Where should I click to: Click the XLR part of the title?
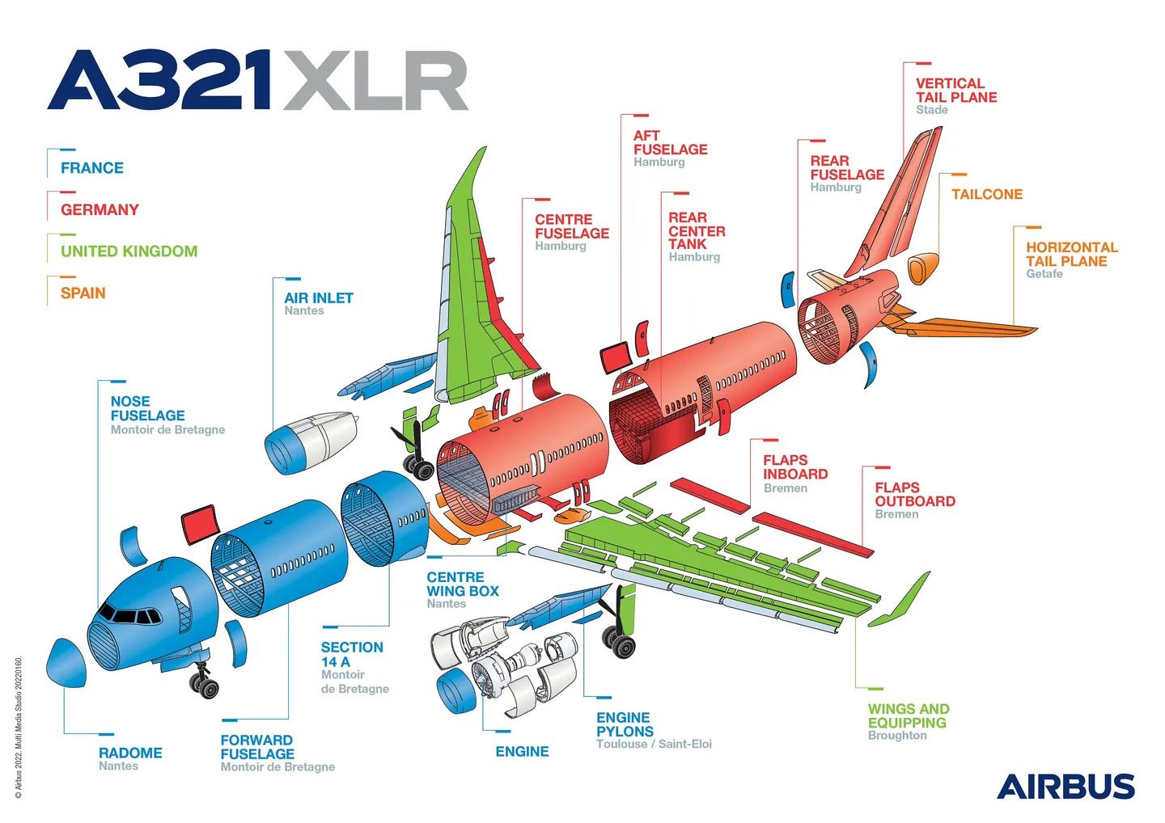[x=375, y=81]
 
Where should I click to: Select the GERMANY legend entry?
[x=100, y=209]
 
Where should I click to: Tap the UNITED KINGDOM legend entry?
[x=129, y=251]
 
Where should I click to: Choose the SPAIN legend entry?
[x=83, y=293]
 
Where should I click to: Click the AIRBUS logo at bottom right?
[x=1065, y=787]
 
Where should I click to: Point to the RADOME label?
[x=130, y=753]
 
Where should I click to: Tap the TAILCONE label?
[x=986, y=194]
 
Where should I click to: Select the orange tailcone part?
[x=922, y=268]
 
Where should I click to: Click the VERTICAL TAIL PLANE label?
[x=955, y=90]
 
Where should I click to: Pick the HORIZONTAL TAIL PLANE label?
[x=1071, y=254]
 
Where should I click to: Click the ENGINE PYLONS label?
[x=624, y=724]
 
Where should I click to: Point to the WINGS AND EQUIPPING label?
[x=908, y=715]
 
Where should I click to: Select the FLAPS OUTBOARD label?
[x=914, y=494]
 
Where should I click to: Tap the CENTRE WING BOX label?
[x=462, y=584]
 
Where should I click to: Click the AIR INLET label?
[x=318, y=298]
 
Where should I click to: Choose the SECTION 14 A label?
[x=351, y=654]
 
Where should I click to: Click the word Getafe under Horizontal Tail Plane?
[x=1044, y=274]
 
